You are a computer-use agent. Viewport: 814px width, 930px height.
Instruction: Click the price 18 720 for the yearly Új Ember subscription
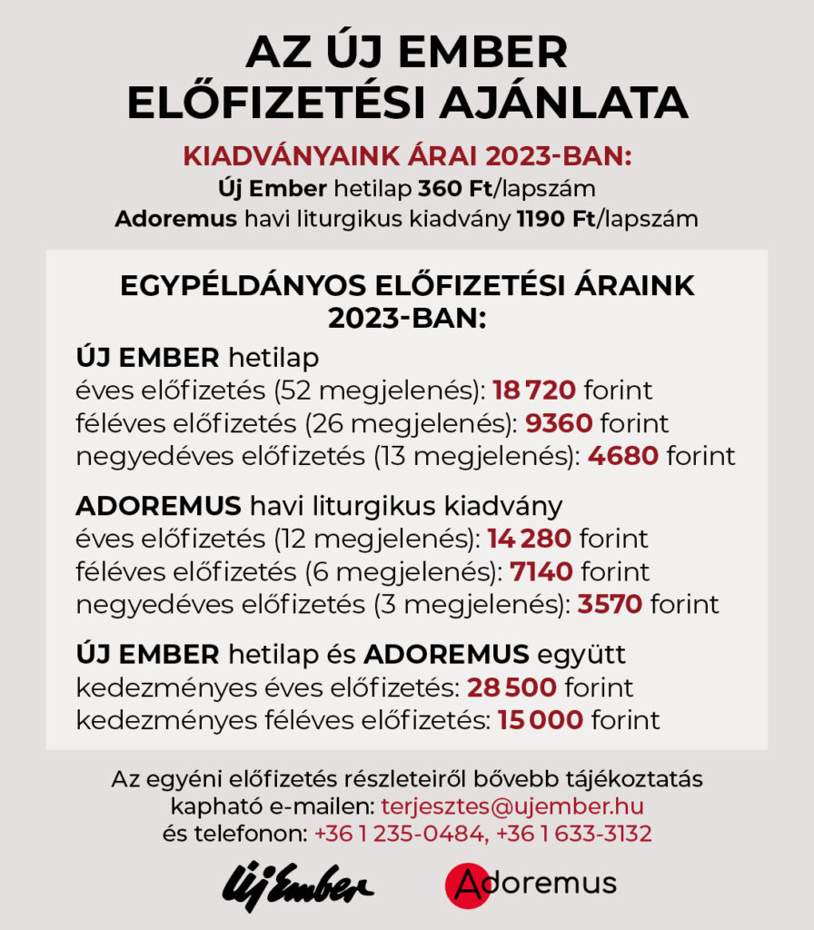534,391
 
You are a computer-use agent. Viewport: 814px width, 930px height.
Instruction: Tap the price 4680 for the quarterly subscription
622,455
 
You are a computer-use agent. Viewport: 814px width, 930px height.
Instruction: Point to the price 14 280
529,539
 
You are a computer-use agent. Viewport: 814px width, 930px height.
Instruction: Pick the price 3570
610,604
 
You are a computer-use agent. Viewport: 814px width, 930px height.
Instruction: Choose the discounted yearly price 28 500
512,688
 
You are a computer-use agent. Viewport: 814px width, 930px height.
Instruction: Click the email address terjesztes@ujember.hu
513,806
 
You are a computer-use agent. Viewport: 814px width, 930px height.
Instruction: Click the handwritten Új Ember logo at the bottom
297,884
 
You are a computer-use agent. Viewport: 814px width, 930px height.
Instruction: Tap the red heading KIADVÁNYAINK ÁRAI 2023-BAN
407,155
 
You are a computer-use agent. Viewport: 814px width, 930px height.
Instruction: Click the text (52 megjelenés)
383,391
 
